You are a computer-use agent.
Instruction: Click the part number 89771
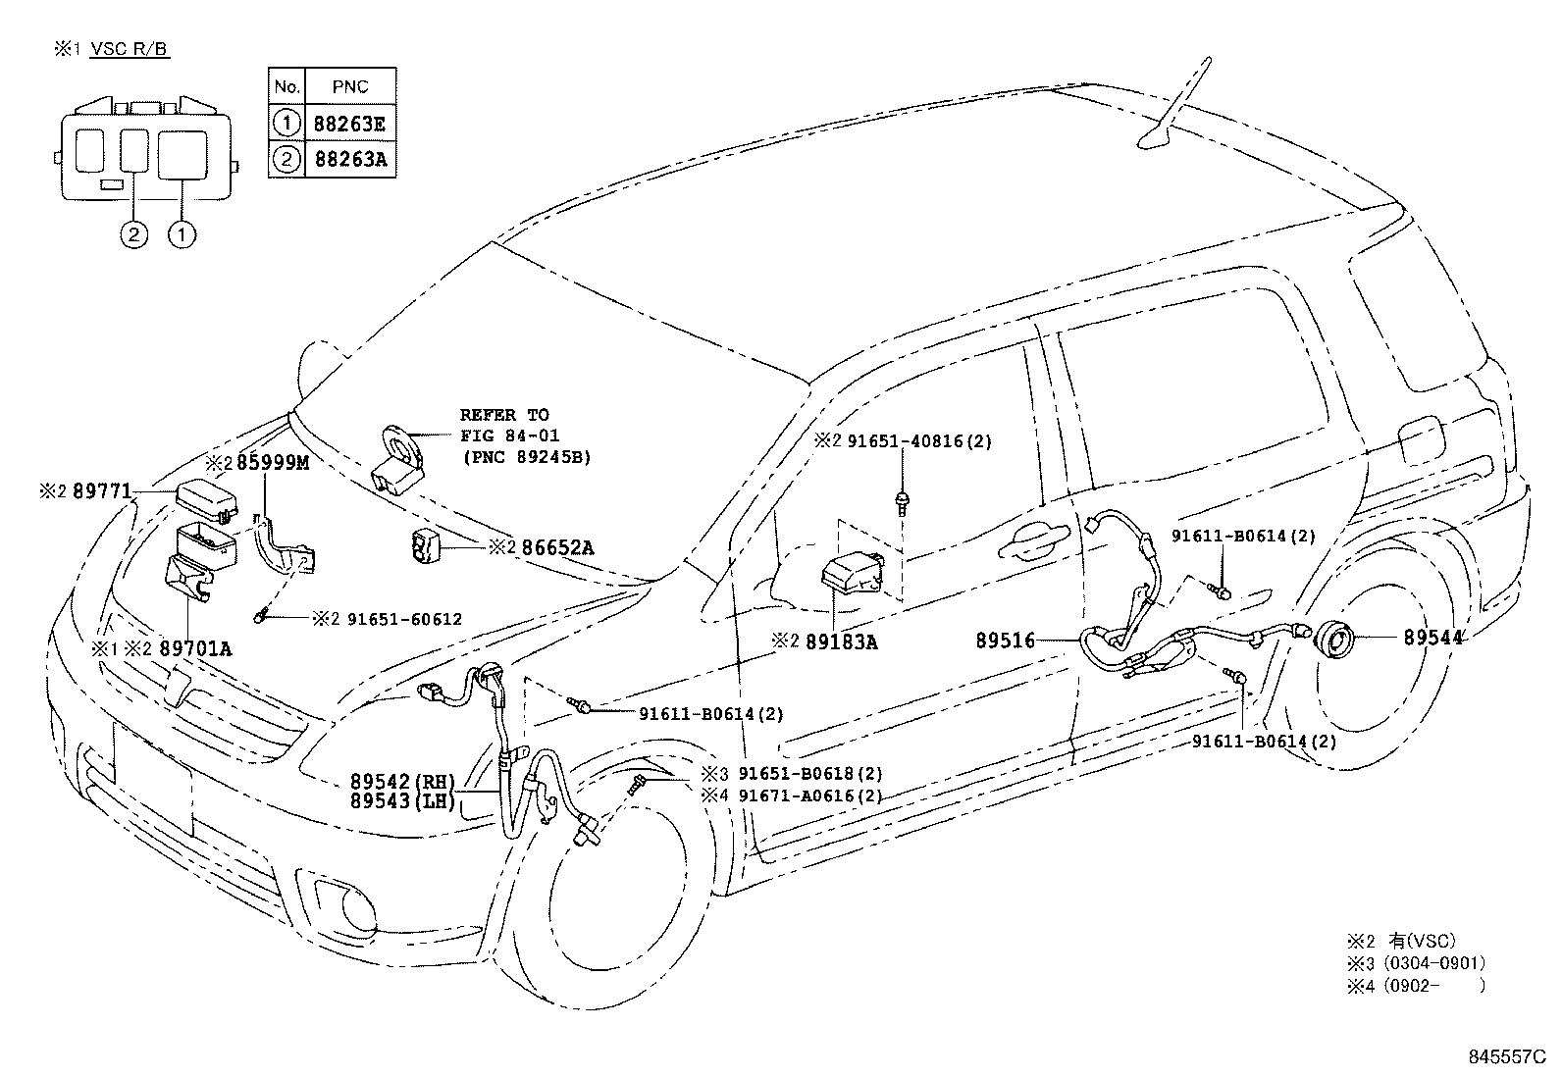101,491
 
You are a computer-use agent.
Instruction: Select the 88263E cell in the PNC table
349,123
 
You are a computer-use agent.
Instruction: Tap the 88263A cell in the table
349,159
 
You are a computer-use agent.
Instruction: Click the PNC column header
349,86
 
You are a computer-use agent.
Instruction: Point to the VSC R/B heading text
130,48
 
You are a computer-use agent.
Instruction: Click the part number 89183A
841,642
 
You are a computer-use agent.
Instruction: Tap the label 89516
1006,641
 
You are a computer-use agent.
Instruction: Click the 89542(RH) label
403,782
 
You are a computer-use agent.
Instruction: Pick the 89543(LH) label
403,801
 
